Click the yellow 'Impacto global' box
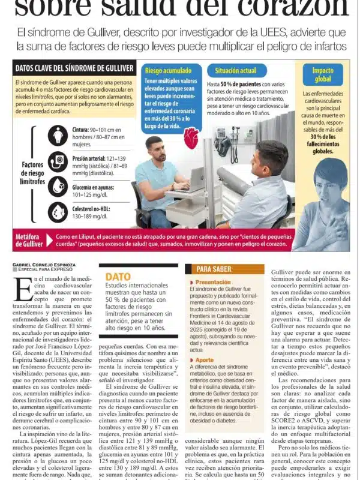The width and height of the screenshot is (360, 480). [323, 75]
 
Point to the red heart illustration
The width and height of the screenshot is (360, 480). [191, 138]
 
